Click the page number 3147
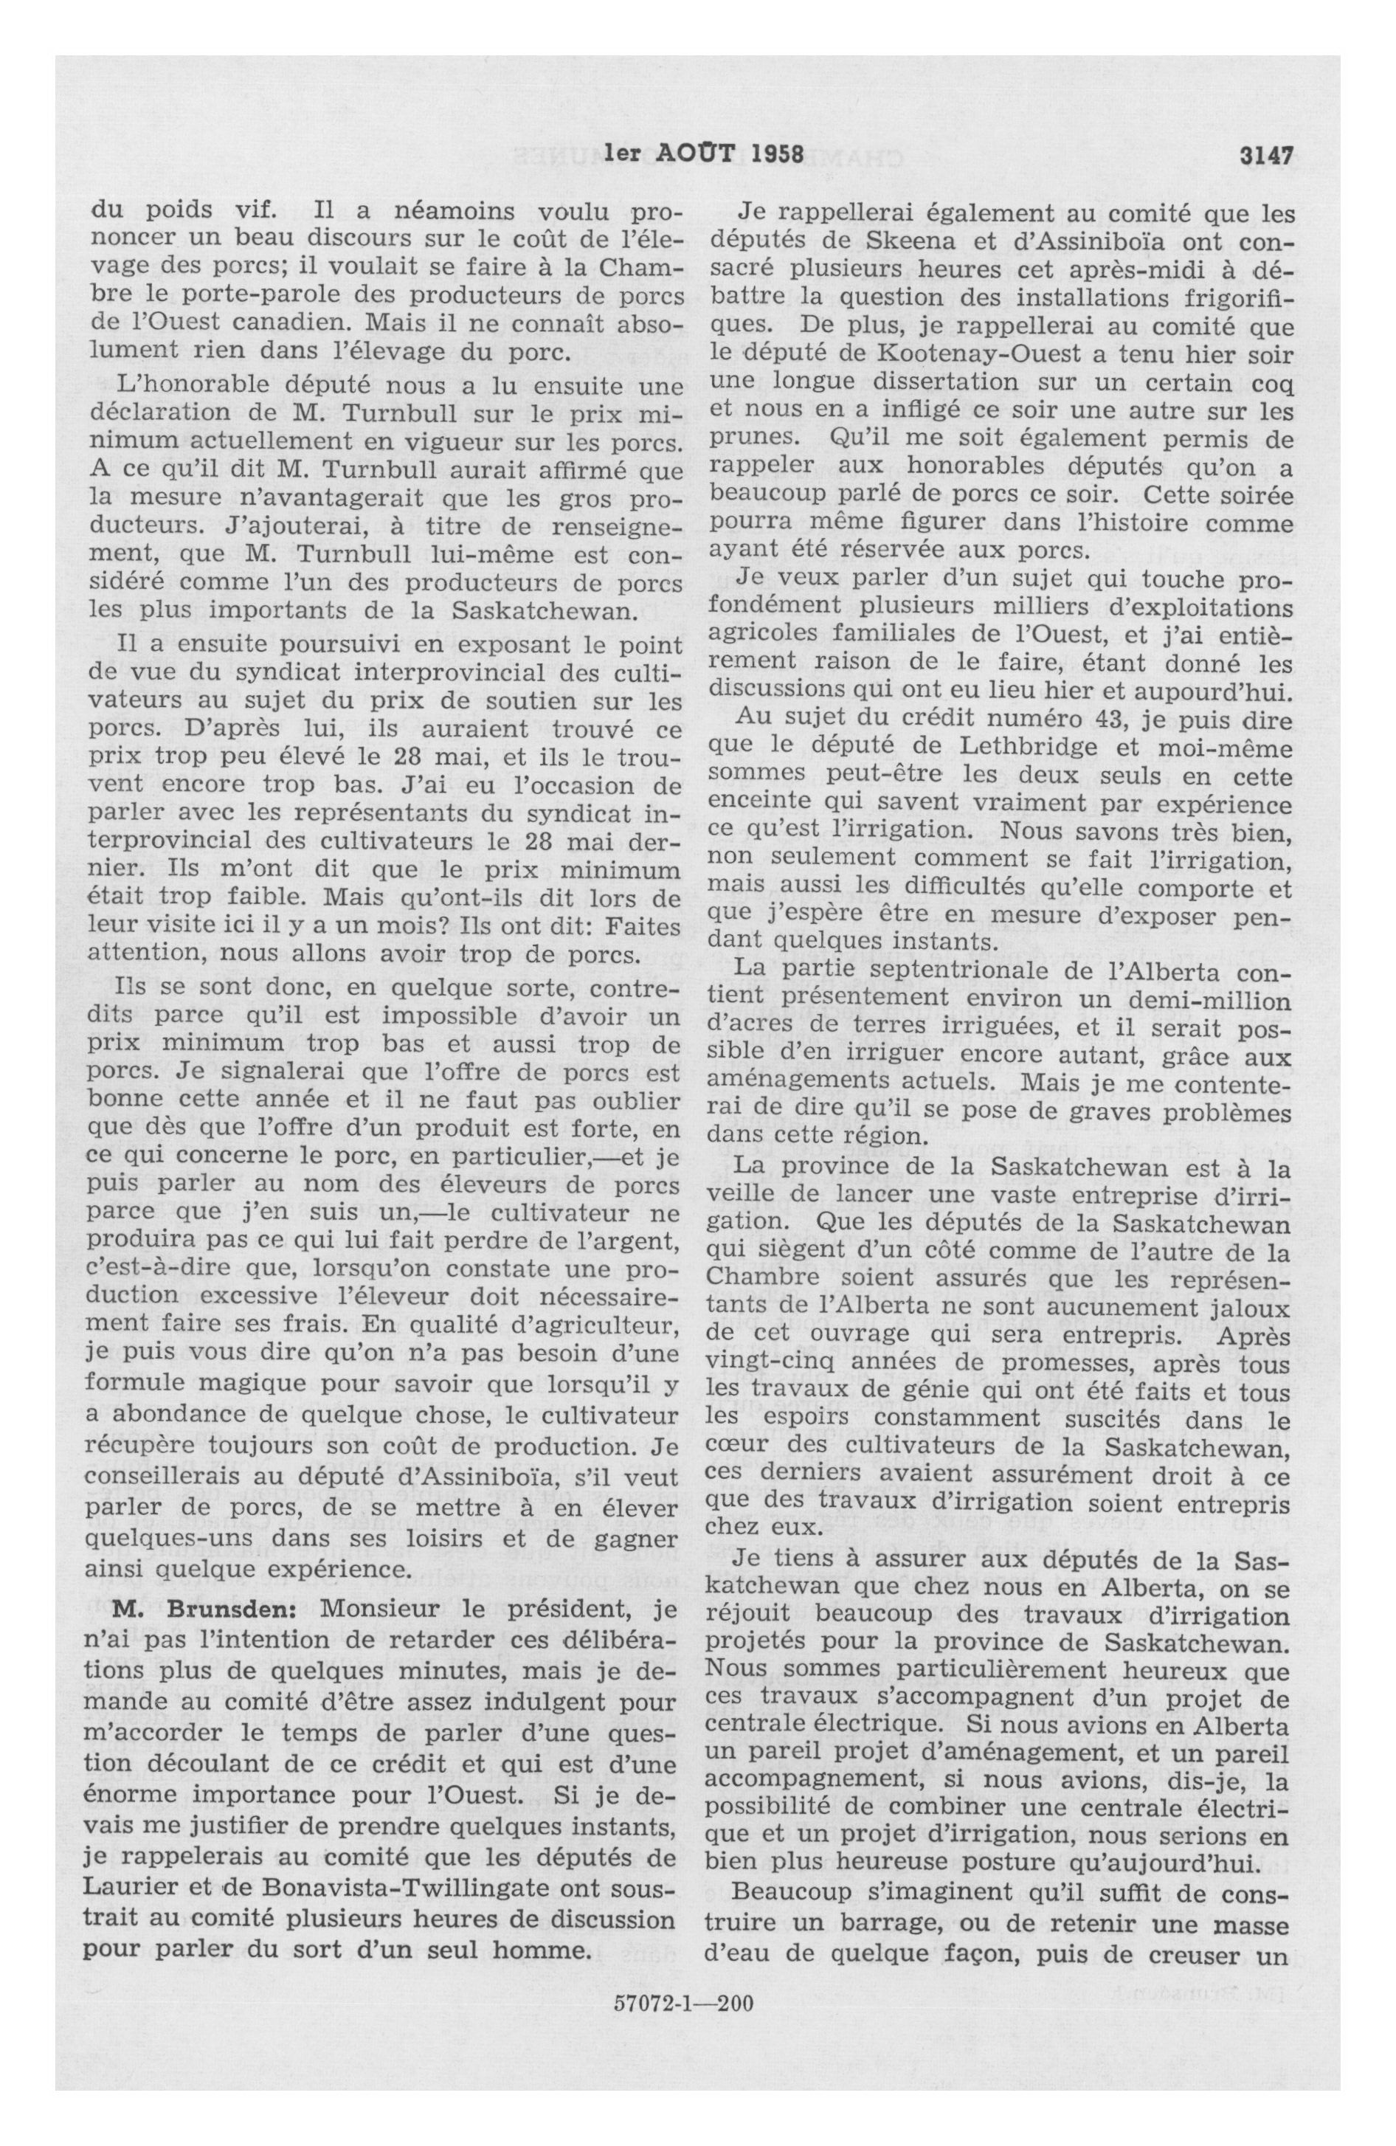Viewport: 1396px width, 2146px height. [1266, 153]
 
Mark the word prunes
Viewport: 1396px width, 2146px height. [743, 439]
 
